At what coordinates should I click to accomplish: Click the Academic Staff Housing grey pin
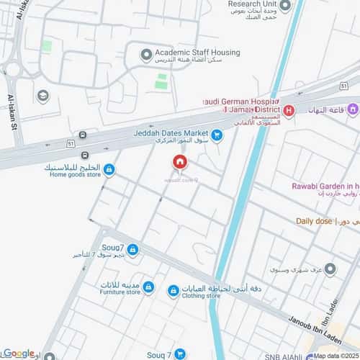point(147,54)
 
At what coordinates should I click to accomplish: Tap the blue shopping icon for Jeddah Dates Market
point(217,133)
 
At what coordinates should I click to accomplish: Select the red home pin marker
point(180,163)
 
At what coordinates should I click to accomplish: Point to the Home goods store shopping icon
point(109,170)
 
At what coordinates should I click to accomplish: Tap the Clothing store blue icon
point(173,291)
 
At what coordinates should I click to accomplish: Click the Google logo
point(17,353)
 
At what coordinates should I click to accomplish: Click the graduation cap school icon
point(43,96)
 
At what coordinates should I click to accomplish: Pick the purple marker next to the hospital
point(352,110)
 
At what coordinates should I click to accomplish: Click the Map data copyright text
point(336,355)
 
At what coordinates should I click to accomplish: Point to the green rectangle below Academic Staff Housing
point(161,81)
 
